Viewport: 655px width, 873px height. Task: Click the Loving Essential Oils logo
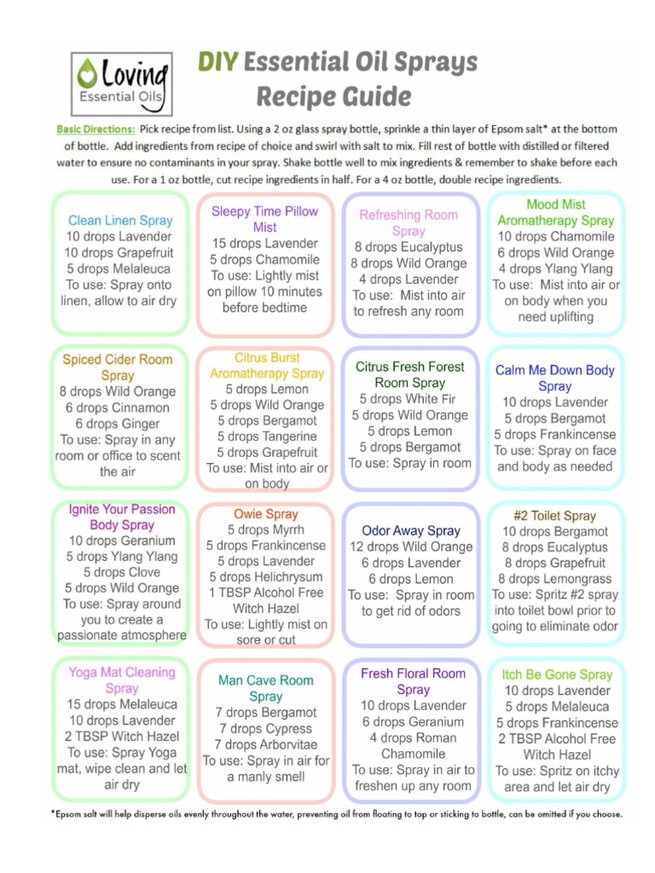click(122, 84)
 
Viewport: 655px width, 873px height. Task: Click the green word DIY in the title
click(218, 62)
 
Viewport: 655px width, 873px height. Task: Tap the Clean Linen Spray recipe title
click(119, 220)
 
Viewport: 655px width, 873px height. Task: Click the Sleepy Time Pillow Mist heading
click(264, 219)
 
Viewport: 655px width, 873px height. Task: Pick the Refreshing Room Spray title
click(409, 223)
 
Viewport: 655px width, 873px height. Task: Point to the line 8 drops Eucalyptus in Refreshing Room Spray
click(409, 247)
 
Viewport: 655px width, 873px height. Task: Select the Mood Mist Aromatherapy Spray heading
click(555, 212)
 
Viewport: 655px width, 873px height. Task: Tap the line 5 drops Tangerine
click(267, 436)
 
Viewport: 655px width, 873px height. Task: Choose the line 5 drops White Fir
click(409, 399)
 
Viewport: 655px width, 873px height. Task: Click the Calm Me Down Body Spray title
click(554, 378)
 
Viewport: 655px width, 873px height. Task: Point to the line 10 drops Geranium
click(121, 541)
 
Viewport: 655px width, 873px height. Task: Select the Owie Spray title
click(266, 514)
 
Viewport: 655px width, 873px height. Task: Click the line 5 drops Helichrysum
click(266, 577)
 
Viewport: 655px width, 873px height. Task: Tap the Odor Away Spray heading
click(410, 530)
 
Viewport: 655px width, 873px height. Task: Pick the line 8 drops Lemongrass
click(554, 579)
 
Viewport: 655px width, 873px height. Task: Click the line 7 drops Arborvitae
click(266, 744)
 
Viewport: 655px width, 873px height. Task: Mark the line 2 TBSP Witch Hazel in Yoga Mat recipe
click(121, 737)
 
